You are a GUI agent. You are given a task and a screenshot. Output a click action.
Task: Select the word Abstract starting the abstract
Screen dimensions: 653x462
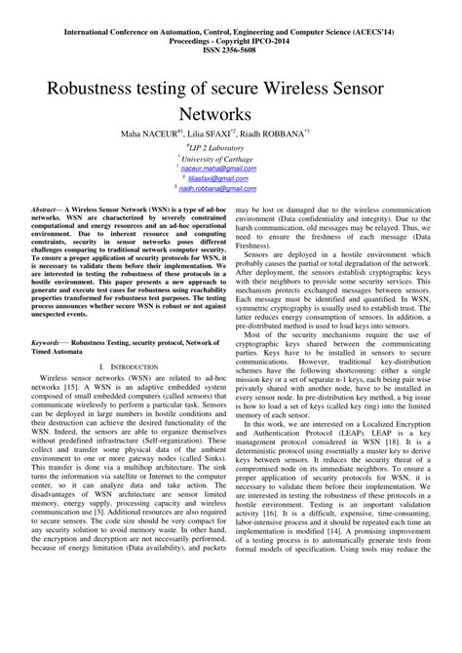(50, 210)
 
